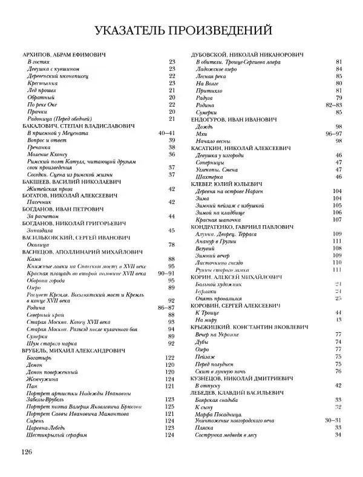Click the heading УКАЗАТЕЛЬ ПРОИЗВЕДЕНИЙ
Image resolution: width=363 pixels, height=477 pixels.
[181, 30]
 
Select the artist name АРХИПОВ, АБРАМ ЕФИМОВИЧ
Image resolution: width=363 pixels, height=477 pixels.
[64, 54]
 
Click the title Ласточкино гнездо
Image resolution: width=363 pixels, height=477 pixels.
[223, 262]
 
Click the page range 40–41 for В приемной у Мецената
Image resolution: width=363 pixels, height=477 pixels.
[166, 133]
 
